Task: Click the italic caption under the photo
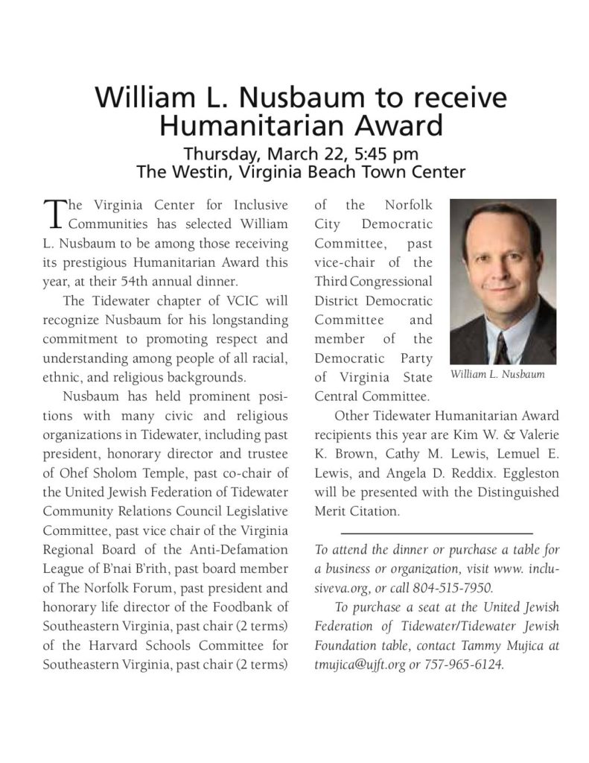tap(497, 375)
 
